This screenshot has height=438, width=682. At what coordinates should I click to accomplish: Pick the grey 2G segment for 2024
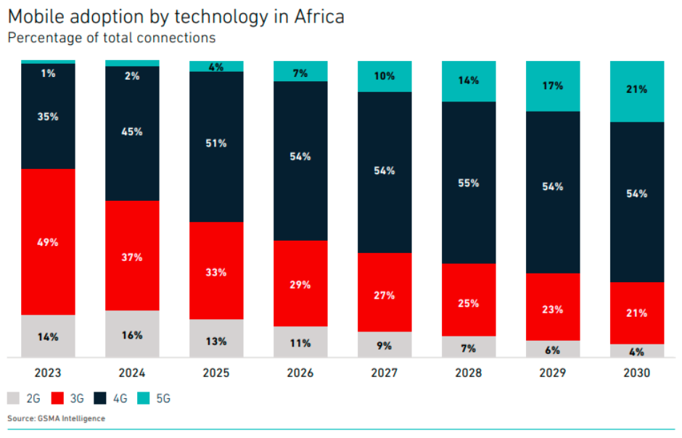pos(132,334)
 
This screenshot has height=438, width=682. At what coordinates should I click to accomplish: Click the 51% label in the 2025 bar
pos(216,144)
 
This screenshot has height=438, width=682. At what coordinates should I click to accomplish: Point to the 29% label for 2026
pos(300,285)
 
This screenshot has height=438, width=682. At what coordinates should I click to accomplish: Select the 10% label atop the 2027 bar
pos(385,76)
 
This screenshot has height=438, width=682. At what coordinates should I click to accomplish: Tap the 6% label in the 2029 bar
pos(552,350)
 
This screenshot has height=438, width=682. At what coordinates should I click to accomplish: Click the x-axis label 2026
pos(300,373)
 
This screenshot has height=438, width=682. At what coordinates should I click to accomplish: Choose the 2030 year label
pos(637,373)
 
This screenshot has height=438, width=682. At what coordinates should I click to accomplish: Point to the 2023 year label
pos(48,373)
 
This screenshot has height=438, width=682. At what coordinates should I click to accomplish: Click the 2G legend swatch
pos(14,398)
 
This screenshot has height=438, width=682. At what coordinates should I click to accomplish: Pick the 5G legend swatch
pos(145,398)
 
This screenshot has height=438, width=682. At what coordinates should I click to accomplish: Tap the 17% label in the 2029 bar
pos(553,86)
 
